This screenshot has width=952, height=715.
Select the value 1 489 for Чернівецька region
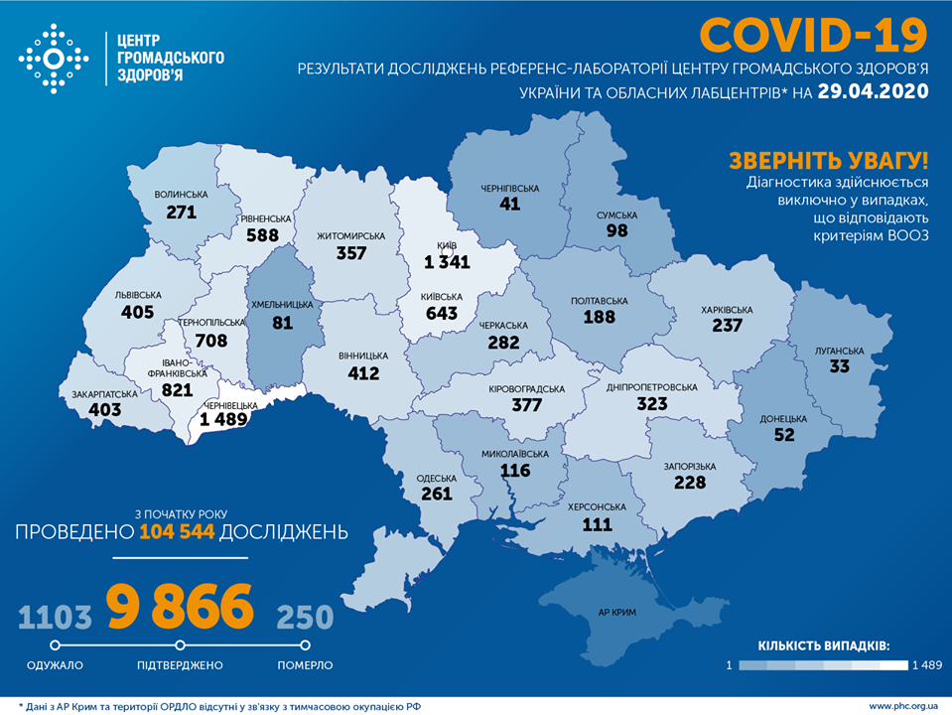[x=230, y=420]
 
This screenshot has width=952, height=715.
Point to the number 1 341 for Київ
[x=443, y=262]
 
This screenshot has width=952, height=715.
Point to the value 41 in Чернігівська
[x=510, y=203]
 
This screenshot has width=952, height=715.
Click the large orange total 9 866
[x=181, y=608]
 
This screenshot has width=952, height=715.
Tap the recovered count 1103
[x=55, y=617]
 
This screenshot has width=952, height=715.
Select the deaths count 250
[x=305, y=617]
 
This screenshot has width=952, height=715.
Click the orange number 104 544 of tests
[x=177, y=532]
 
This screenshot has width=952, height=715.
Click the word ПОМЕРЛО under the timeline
[x=305, y=664]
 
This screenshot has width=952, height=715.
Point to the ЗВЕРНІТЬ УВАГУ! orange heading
[x=828, y=161]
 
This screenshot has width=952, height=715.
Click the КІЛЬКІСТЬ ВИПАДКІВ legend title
[x=823, y=644]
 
